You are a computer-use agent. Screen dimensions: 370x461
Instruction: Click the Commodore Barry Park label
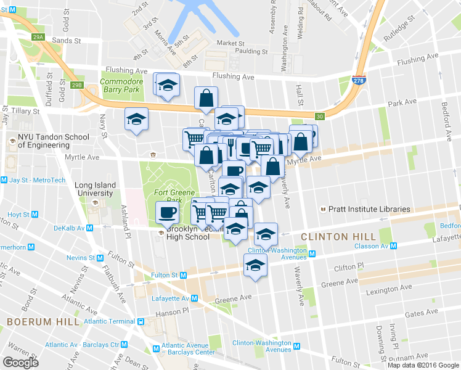coord(121,85)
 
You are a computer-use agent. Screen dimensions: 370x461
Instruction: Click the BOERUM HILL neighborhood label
coord(43,322)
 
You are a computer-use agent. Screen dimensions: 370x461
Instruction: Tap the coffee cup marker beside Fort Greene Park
coord(167,213)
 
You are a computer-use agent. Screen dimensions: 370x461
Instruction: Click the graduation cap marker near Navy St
coord(136,119)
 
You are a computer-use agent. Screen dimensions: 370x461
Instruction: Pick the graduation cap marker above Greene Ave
coord(255,266)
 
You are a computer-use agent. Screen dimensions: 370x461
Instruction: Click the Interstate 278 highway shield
coord(358,80)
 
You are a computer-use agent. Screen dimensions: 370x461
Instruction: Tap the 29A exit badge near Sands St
coord(39,38)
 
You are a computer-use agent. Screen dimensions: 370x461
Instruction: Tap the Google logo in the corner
coord(20,362)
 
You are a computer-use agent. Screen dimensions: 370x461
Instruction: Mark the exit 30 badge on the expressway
coord(319,117)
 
